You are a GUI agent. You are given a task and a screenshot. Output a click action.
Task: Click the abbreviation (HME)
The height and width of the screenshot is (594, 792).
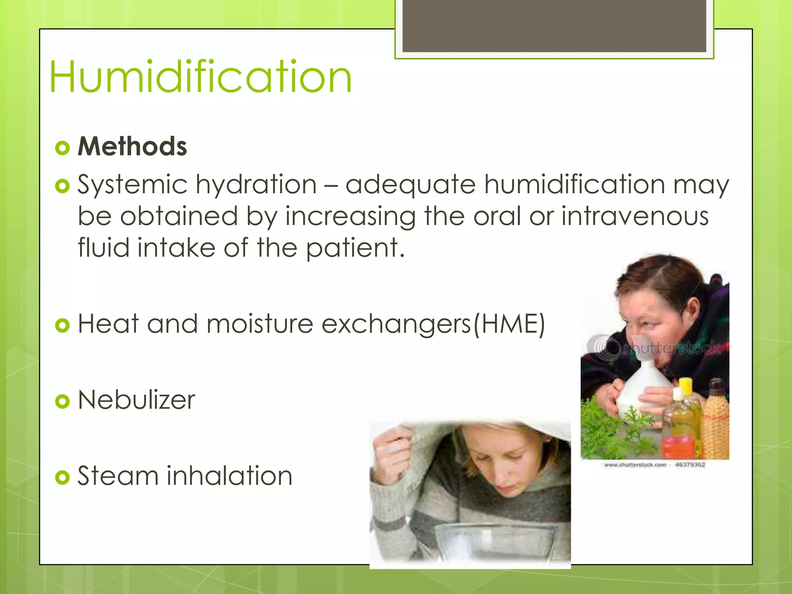510,324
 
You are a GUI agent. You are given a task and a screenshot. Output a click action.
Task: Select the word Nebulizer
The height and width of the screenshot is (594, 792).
137,400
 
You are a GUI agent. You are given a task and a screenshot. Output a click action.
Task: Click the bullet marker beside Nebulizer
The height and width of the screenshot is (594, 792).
62,401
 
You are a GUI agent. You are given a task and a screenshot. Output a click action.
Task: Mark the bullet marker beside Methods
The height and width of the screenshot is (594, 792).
62,148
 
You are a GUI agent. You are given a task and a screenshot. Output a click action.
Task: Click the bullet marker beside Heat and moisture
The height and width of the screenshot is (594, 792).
62,325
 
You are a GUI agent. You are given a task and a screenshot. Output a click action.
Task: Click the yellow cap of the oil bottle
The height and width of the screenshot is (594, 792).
686,386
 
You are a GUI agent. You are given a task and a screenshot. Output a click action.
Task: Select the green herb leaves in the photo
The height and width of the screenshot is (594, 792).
611,429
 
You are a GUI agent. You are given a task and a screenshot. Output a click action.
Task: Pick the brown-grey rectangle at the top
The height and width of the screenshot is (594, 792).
554,26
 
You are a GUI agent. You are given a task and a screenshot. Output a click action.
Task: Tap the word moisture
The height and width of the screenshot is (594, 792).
259,324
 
